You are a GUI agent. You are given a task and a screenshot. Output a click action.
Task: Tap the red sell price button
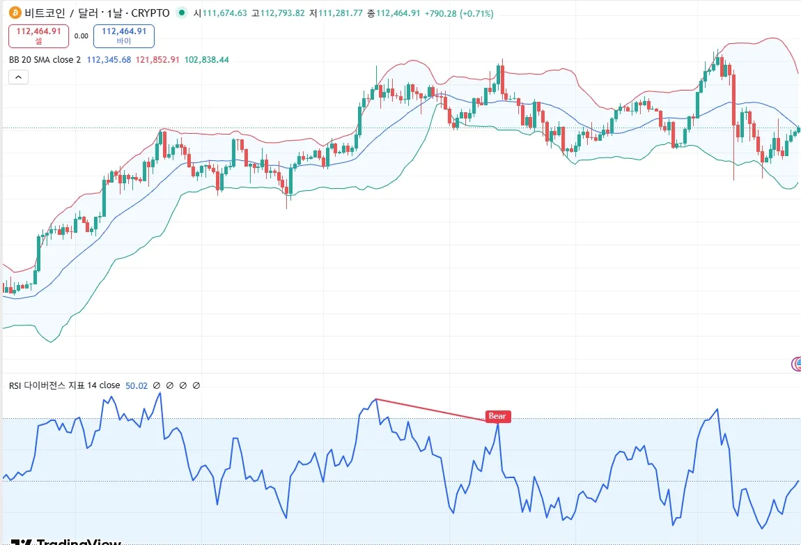(x=39, y=36)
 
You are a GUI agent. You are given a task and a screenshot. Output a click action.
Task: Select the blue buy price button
(x=124, y=36)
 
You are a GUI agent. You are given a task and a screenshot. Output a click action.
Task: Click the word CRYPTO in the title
(x=151, y=13)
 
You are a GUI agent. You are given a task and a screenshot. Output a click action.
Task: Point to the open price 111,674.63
(x=224, y=13)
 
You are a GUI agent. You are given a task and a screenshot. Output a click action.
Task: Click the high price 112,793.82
(x=281, y=13)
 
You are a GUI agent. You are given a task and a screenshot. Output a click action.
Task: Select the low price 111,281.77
(x=339, y=13)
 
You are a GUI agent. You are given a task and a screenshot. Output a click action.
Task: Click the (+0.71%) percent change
(x=477, y=13)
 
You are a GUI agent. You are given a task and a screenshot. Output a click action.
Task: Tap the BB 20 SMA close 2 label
(x=44, y=60)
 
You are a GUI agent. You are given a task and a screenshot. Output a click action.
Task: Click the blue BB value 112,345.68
(x=109, y=60)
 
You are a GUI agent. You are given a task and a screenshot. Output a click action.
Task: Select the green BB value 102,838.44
(x=206, y=60)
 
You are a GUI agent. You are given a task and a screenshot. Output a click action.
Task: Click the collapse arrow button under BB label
(x=18, y=77)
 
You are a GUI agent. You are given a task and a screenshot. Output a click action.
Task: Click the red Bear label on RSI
(x=497, y=417)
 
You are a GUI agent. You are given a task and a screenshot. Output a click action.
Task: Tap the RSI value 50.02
(x=137, y=385)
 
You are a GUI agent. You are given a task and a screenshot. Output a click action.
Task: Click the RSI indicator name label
(x=64, y=385)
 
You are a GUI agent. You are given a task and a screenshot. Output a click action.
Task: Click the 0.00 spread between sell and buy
(x=81, y=36)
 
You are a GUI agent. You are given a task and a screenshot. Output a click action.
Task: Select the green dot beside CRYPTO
(x=182, y=13)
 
